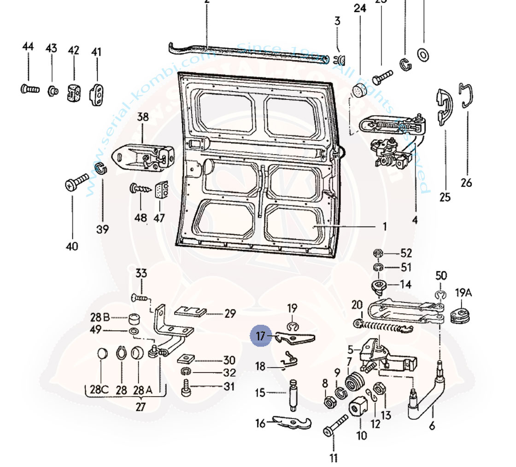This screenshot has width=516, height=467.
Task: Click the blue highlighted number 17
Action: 261,336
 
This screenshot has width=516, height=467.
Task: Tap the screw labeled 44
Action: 30,88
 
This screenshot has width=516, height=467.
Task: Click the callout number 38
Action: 143,117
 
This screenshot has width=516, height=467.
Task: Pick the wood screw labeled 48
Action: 139,189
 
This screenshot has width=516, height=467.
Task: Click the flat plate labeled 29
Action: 190,312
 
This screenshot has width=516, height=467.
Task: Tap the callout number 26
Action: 466,183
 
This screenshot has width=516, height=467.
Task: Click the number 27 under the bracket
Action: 141,407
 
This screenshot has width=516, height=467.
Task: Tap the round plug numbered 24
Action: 359,91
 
